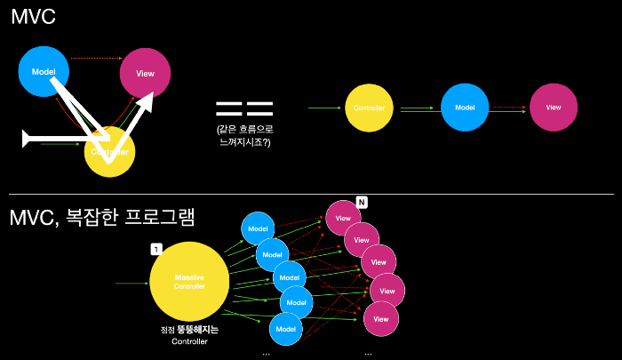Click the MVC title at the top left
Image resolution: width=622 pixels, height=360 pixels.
pos(35,20)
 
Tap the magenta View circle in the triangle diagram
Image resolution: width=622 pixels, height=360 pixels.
pos(147,74)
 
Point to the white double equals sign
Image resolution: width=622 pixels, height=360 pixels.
pos(244,109)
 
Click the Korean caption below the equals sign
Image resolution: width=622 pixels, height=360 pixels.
pos(243,135)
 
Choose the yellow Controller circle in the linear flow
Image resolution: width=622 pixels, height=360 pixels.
pos(369,108)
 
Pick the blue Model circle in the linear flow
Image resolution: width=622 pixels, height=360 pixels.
pos(465,108)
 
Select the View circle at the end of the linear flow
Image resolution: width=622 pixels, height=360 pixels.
pos(554,108)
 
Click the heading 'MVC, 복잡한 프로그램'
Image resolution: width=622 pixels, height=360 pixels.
pos(102,218)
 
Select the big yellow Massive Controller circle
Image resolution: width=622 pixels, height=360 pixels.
pos(188,282)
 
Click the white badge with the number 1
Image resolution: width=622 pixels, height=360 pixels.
pos(156,249)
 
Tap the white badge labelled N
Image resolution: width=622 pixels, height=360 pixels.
pos(362,203)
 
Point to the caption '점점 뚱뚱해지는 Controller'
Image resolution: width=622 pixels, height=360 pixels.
pos(188,335)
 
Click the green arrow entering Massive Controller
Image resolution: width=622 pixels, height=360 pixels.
pos(132,284)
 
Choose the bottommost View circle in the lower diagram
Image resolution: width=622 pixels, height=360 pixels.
pos(380,317)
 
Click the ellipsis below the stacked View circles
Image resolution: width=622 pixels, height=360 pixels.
pos(368,353)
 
